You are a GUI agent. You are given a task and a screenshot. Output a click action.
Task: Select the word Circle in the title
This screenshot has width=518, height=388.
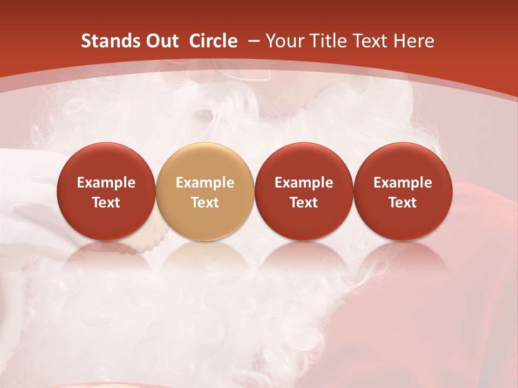click(213, 41)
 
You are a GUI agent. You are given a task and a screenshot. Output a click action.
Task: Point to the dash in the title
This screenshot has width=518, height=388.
click(252, 41)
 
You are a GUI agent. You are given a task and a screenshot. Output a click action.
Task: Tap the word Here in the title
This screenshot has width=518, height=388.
click(413, 41)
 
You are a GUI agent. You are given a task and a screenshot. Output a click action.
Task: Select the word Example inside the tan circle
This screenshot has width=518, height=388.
click(205, 183)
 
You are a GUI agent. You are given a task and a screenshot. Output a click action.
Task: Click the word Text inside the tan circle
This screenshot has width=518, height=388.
click(205, 203)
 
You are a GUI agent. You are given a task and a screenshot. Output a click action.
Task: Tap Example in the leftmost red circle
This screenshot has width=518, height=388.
click(106, 183)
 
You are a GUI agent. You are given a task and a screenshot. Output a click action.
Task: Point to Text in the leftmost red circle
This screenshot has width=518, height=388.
click(106, 203)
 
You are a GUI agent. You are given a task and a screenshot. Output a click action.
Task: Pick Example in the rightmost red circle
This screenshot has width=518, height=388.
click(403, 183)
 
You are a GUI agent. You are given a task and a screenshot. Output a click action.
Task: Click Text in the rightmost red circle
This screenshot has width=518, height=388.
click(403, 203)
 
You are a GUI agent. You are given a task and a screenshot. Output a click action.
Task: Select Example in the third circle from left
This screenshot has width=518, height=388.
click(304, 183)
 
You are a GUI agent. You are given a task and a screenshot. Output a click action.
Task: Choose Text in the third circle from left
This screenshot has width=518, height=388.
click(304, 203)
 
